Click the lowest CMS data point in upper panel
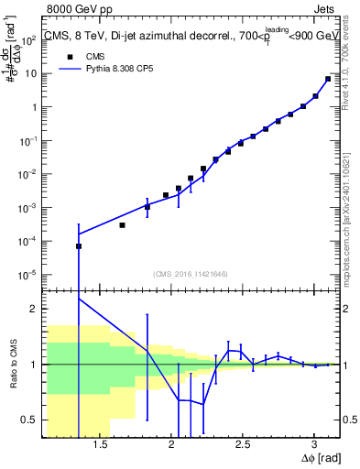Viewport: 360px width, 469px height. (79, 246)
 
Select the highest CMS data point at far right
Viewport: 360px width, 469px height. (328, 79)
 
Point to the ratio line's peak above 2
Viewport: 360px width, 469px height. (79, 300)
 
